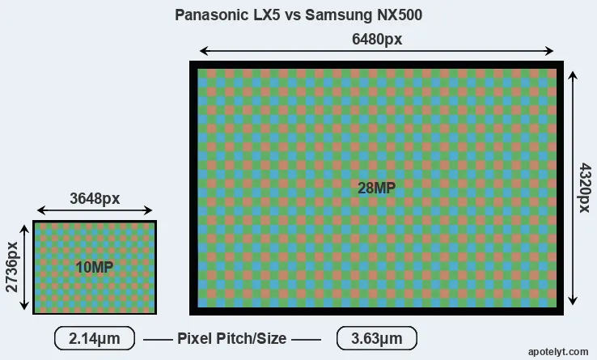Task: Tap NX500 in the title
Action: pos(398,15)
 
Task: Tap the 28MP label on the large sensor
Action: pos(376,188)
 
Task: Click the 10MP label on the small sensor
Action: pos(94,268)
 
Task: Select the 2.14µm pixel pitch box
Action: pos(94,338)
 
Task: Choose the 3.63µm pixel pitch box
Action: pos(376,338)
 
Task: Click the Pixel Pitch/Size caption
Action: pos(231,338)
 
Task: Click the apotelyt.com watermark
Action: pos(557,352)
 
